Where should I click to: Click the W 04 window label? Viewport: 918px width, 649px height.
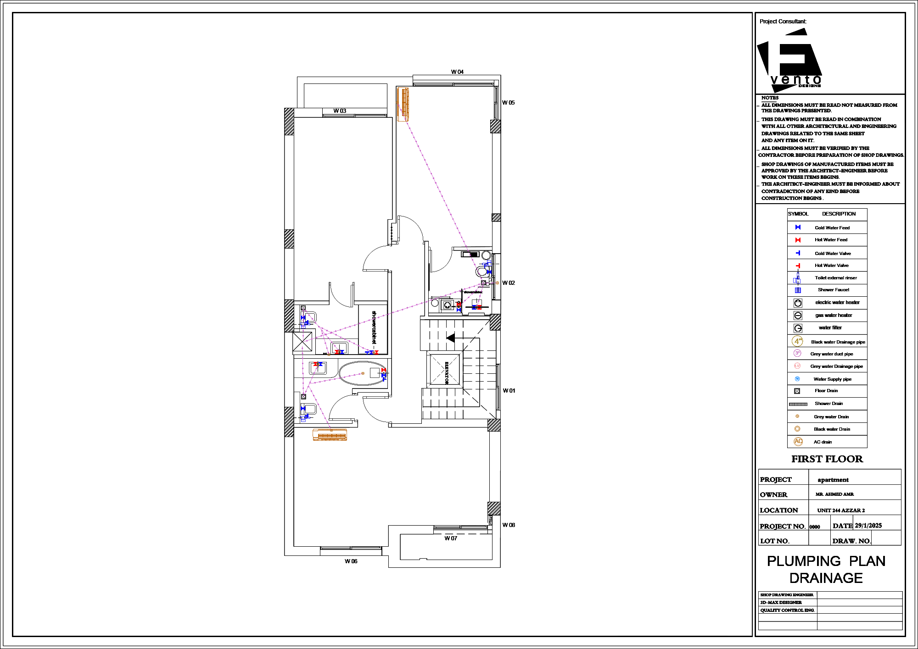tap(457, 72)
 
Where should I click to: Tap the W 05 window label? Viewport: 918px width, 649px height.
tap(508, 103)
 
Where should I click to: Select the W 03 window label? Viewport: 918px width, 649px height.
tap(340, 111)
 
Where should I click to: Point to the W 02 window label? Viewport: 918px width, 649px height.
tap(508, 283)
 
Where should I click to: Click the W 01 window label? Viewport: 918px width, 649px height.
tap(509, 391)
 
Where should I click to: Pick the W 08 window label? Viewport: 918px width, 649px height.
tap(509, 525)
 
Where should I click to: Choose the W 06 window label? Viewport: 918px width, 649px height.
tap(351, 561)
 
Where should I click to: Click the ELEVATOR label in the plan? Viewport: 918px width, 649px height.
tap(446, 372)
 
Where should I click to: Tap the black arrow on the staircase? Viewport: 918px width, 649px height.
tap(451, 338)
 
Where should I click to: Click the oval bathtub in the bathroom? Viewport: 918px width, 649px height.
tap(361, 373)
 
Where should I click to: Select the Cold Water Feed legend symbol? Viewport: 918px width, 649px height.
tap(798, 227)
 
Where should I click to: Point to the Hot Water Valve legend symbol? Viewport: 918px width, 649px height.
tap(798, 266)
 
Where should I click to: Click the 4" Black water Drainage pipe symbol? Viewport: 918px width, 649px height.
tap(798, 341)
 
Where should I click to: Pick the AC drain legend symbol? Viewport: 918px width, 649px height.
tap(798, 442)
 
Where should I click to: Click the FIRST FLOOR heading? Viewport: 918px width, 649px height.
tap(827, 459)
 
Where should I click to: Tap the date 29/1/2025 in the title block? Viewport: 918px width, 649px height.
tap(868, 526)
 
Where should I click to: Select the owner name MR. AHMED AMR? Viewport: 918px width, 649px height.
tap(834, 494)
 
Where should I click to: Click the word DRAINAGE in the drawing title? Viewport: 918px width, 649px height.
tap(826, 578)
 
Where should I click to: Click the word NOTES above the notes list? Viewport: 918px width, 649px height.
tap(770, 98)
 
